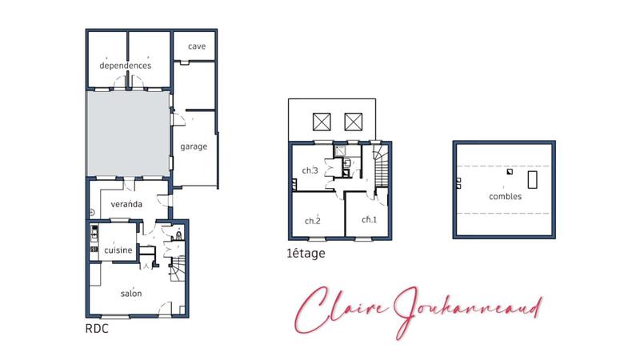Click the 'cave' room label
coord(197,46)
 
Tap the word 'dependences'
coord(126,65)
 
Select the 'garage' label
coord(194,147)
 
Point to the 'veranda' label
coord(126,204)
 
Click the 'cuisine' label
coord(117,251)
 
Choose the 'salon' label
coord(131,294)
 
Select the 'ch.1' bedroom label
coord(369,219)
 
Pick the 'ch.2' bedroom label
coord(312,221)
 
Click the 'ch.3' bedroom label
coord(310,170)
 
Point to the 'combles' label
coord(506,196)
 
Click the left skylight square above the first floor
coord(321,121)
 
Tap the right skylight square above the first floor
coord(354,121)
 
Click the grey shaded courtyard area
coord(128,132)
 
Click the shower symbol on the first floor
coord(342,150)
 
